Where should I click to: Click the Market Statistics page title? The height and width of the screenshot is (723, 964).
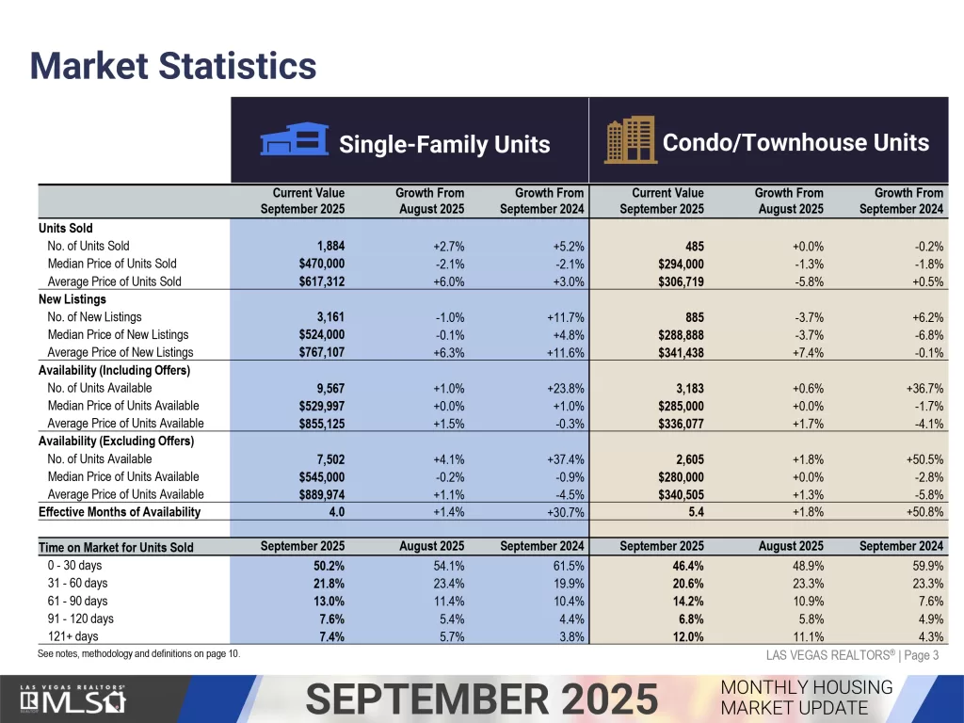coord(173,67)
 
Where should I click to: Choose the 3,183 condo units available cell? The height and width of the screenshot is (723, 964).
coord(683,388)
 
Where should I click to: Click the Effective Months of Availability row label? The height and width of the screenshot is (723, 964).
coord(120,512)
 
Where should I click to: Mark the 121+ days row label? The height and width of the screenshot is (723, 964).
coord(74,636)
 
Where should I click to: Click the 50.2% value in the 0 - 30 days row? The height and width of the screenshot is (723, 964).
coord(328,566)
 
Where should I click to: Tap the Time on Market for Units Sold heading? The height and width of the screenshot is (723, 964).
coord(116,547)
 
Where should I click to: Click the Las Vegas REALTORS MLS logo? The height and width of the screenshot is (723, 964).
coord(74,699)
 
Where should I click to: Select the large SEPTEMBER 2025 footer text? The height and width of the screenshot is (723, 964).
coord(482,699)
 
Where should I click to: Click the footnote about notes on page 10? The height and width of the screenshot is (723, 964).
coord(138,653)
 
